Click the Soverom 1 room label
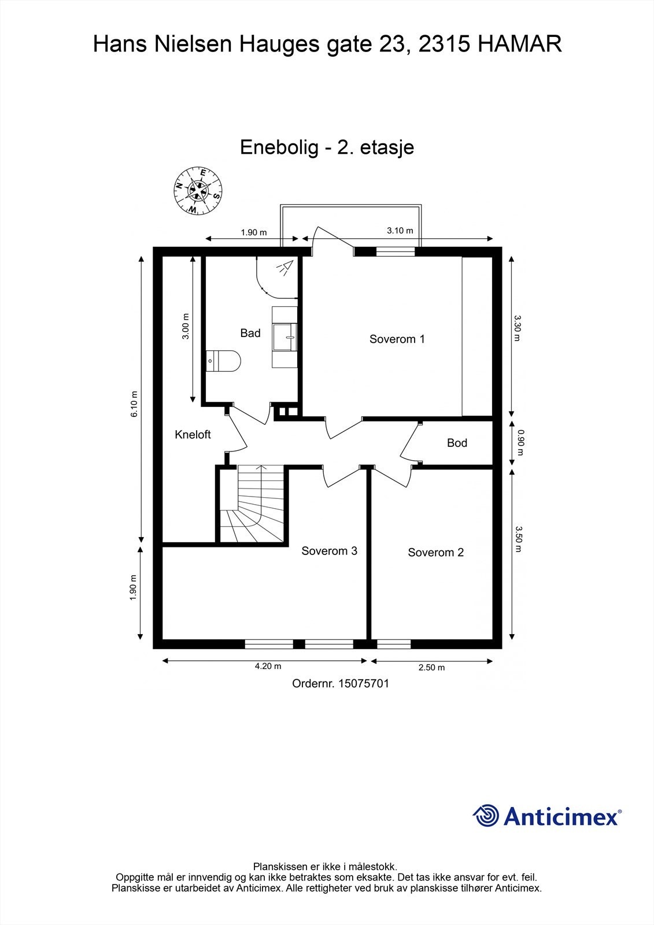point(397,339)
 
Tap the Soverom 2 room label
point(435,552)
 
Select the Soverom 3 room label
point(329,550)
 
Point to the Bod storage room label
point(457,443)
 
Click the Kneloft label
point(193,435)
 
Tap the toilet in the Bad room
point(224,361)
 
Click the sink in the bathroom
point(286,337)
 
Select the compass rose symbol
point(198,191)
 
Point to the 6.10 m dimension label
point(135,404)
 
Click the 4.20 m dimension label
point(268,666)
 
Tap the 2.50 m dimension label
point(431,667)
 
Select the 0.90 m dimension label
point(520,442)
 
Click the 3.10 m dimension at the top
point(400,231)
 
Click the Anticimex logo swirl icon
point(486,816)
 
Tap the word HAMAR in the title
point(520,45)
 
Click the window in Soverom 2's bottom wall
point(394,644)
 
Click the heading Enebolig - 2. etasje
point(327,147)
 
